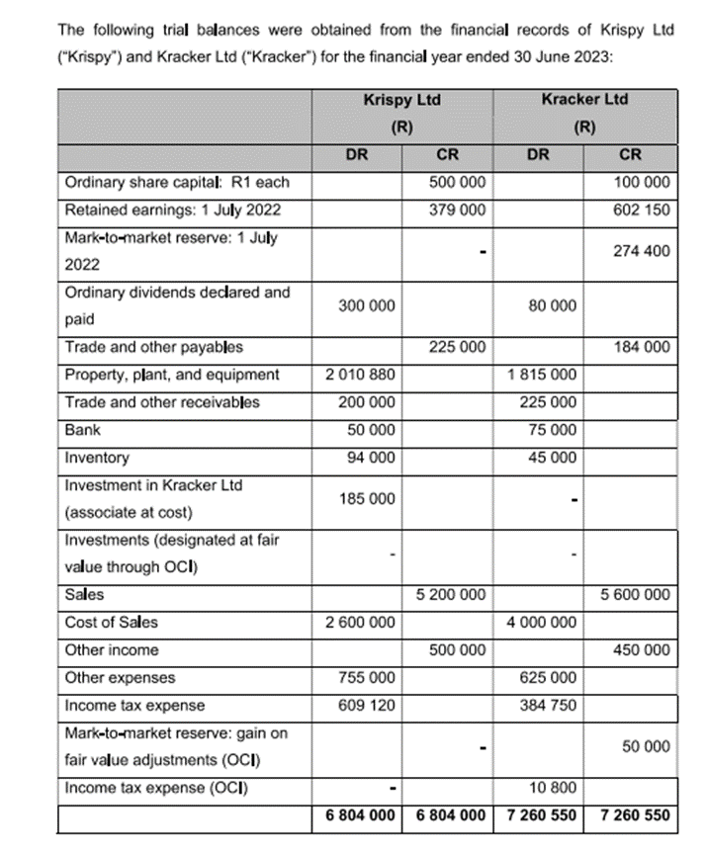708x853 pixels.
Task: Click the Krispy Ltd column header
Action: pyautogui.click(x=401, y=101)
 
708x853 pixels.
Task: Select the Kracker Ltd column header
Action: pyautogui.click(x=585, y=101)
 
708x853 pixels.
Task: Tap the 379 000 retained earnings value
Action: pyautogui.click(x=458, y=210)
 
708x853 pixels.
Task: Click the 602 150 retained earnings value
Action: pyautogui.click(x=642, y=210)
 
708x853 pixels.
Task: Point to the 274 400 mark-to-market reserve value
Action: pyautogui.click(x=642, y=251)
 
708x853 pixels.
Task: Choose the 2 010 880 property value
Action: pyautogui.click(x=360, y=375)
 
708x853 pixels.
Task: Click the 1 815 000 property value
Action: pyautogui.click(x=543, y=375)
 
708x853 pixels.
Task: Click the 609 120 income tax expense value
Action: pyautogui.click(x=366, y=706)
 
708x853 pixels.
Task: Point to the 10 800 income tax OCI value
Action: pyautogui.click(x=555, y=789)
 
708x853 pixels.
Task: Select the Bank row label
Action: pyautogui.click(x=82, y=431)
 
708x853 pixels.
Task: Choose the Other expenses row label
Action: pyautogui.click(x=120, y=678)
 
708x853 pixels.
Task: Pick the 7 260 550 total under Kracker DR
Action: pyautogui.click(x=542, y=816)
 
